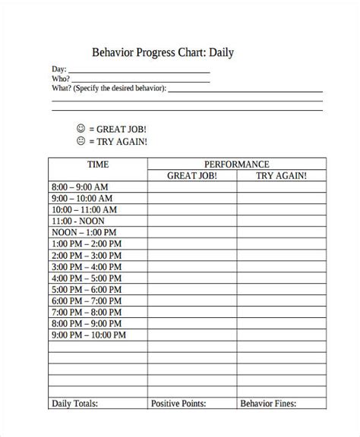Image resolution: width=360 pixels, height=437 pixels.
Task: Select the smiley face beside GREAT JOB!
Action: coord(81,128)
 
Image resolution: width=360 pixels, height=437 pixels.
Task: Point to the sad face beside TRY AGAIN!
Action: coord(81,141)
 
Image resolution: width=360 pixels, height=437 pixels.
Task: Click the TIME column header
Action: coord(98,164)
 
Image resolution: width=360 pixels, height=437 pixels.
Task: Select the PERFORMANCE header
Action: coord(236,164)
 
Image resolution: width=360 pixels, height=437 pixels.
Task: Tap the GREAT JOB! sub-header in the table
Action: coord(191,175)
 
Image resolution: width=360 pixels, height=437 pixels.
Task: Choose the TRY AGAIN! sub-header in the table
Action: coord(281,175)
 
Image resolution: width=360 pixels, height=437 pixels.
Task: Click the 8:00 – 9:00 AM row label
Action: coord(80,187)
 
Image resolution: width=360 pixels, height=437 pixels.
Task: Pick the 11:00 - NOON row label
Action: coord(78,221)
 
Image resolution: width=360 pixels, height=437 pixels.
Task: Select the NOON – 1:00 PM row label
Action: coord(84,232)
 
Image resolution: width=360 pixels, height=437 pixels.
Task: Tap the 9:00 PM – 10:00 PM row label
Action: coord(88,335)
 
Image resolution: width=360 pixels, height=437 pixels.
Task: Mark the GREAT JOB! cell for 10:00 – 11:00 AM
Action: coord(191,209)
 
